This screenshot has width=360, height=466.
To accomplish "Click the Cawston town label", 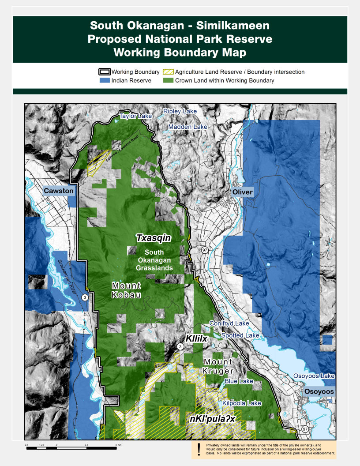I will pos(58,191).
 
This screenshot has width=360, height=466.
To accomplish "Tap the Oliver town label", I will pos(243,192).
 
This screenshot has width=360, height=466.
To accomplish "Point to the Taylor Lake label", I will pos(136,116).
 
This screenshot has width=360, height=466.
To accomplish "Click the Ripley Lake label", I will pos(180,112).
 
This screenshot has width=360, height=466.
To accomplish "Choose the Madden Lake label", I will pos(187,127).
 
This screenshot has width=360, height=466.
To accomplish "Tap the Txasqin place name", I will pos(153,238).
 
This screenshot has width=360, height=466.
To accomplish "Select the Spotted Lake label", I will pos(240,335).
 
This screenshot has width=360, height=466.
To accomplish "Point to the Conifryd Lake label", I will pos(229,323).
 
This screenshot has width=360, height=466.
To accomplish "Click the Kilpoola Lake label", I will pos(242,403).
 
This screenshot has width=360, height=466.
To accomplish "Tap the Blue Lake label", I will pos(239,381).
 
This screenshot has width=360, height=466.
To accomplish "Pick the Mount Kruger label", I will pos(218,367).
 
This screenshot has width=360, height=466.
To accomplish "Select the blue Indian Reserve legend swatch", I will pos(105,81).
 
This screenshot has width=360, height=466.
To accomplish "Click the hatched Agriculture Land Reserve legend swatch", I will pos(168,72).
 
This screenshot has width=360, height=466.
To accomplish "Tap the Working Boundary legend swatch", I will pos(105,72).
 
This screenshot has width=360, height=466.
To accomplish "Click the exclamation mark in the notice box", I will pos(199,449).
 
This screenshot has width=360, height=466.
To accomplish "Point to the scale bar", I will pos(73,448).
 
